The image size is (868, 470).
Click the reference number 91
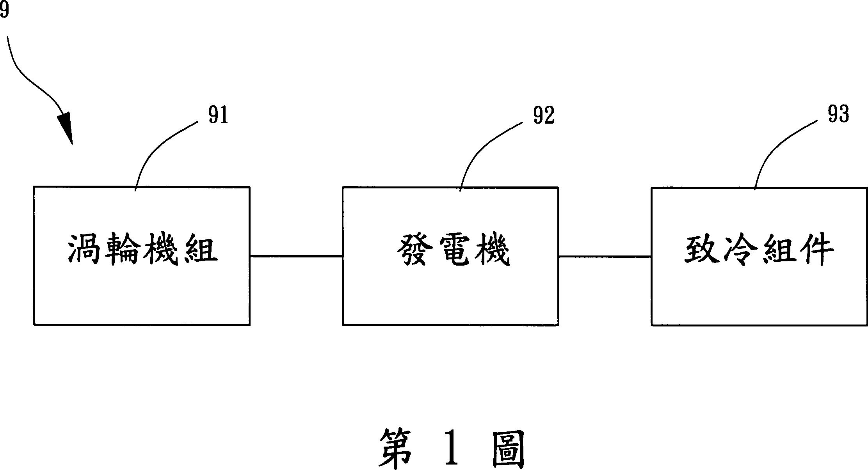pyautogui.click(x=218, y=115)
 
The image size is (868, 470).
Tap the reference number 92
pyautogui.click(x=544, y=115)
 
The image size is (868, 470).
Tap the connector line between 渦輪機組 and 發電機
pyautogui.click(x=296, y=256)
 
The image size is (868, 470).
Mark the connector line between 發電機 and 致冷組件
pyautogui.click(x=605, y=257)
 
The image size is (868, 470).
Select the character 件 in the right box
pyautogui.click(x=815, y=250)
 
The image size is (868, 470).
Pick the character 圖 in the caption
pyautogui.click(x=507, y=449)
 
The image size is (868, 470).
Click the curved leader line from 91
pyautogui.click(x=156, y=148)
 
